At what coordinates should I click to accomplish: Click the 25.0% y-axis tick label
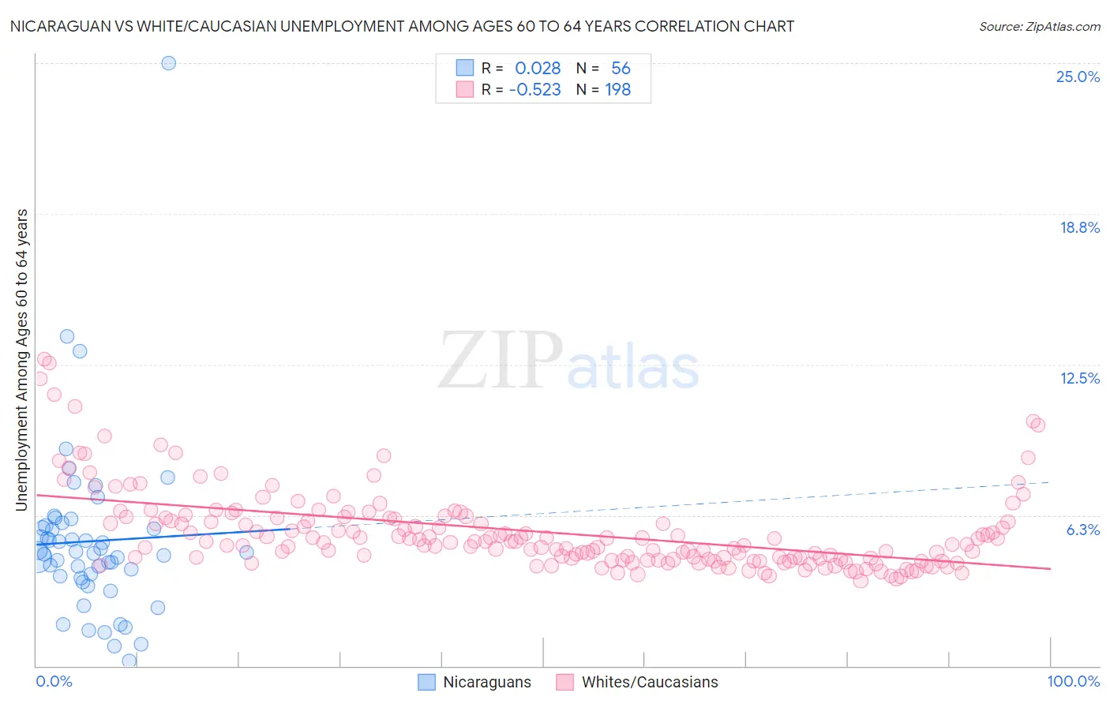coord(1078,77)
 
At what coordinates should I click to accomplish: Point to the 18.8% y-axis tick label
coord(1079,227)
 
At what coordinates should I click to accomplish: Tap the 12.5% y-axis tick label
coord(1079,378)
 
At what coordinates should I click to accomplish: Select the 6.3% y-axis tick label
coord(1082,530)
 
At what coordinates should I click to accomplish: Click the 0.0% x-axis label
coord(54,681)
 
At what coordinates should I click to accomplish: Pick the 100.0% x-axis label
coord(1073,681)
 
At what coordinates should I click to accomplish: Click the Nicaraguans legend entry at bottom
coord(474,682)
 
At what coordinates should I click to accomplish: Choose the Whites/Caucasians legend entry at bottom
coord(638,682)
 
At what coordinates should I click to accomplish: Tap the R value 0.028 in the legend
coord(538,69)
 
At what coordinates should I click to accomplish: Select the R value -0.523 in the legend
coord(534,90)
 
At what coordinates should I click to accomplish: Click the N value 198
coord(617,90)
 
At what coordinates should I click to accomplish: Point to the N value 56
coord(621,69)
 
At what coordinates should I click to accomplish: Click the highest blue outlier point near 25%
coord(168,63)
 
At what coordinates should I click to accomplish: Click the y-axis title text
coord(21,359)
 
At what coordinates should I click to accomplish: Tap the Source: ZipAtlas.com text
coord(1039,26)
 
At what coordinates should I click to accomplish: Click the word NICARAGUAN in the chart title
coord(54,26)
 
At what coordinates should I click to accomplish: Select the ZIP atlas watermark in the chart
coord(568,361)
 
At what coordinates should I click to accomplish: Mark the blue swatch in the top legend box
coord(464,68)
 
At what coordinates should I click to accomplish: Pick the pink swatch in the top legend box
coord(464,89)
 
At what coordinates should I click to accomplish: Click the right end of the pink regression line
coord(1050,568)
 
